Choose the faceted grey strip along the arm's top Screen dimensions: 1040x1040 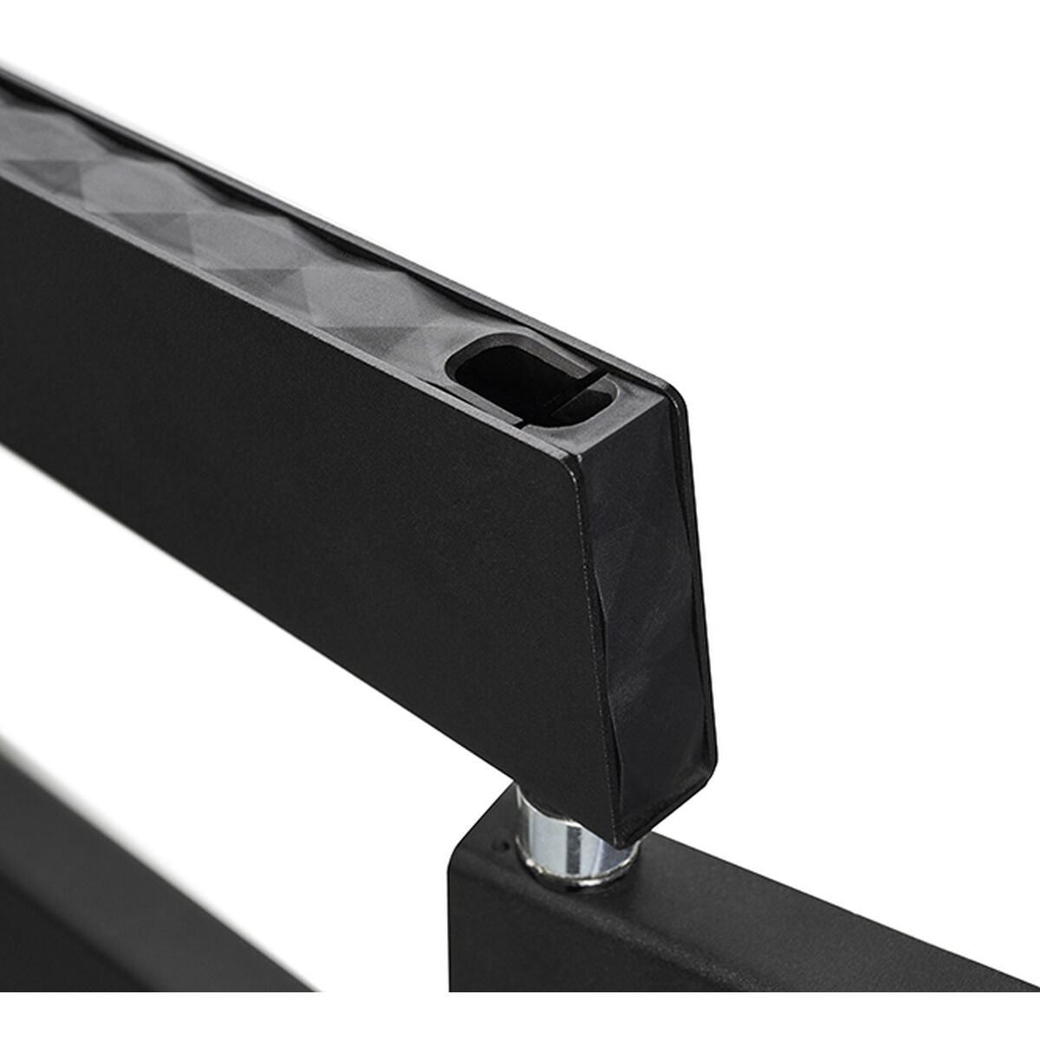point(217,217)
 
